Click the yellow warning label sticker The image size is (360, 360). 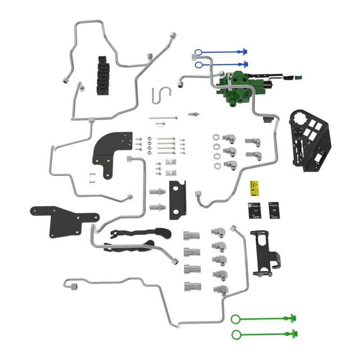(255, 188)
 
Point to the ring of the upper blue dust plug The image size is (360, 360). (199, 53)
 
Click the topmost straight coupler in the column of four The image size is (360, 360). (191, 235)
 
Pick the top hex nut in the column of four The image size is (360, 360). (216, 137)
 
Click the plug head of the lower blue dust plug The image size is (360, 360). (245, 63)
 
